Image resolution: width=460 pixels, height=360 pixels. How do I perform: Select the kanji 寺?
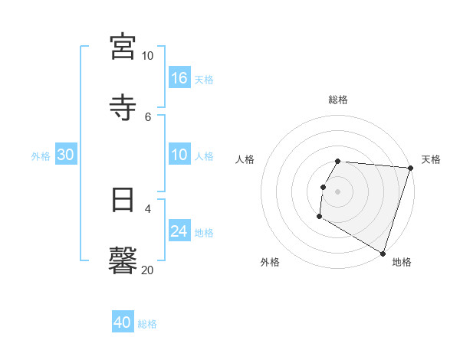point(123,106)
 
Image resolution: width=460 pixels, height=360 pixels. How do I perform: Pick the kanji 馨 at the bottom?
point(123,259)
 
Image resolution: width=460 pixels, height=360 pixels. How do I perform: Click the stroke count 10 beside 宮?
point(147,56)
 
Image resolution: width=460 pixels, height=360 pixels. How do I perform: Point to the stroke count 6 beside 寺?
point(147,116)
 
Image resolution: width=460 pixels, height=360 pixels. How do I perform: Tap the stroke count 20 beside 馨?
point(147,270)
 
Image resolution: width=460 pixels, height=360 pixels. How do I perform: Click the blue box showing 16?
point(179,77)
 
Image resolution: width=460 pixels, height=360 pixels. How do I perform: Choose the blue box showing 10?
point(179,155)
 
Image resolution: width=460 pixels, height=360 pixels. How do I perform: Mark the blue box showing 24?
point(179,231)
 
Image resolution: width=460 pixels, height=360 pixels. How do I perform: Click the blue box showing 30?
point(66,155)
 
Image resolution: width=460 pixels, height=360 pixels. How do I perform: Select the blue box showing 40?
point(123,322)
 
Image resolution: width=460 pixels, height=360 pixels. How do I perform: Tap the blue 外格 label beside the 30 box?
point(41,156)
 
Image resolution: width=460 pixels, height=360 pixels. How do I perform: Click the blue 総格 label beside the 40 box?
point(147,324)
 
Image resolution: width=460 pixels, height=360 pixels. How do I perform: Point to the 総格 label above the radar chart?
point(338,100)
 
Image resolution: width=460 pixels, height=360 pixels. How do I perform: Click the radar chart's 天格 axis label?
point(431,159)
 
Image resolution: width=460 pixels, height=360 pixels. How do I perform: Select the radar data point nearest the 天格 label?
point(410,169)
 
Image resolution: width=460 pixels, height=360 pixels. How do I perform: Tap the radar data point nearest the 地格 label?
point(383,253)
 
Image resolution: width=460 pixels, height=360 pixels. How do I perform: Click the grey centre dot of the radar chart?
point(338,191)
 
